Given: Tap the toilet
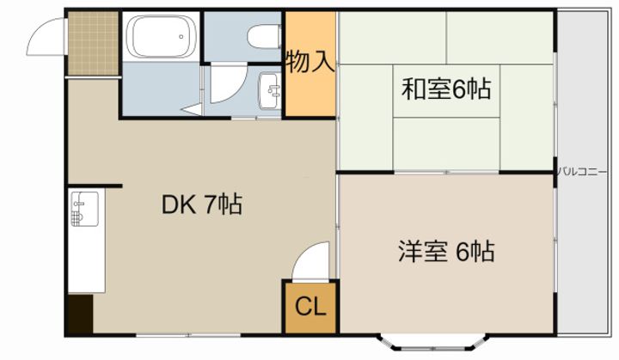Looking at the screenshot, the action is [x=265, y=36].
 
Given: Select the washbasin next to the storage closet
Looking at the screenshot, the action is [x=270, y=91].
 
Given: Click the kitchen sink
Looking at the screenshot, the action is [x=84, y=209].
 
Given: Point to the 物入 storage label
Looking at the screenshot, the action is [x=310, y=61].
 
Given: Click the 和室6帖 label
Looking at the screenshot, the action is [x=446, y=89].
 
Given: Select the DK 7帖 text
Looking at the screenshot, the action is [x=202, y=204].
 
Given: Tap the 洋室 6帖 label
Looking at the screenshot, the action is [x=446, y=251].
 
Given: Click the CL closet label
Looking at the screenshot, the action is [x=310, y=306].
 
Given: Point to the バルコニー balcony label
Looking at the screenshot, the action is [x=582, y=172].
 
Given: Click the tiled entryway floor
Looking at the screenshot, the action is [x=93, y=43].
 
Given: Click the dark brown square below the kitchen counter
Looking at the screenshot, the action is [x=80, y=314].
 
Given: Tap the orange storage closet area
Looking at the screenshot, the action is [x=310, y=64].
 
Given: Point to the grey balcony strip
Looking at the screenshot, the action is [x=582, y=173].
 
